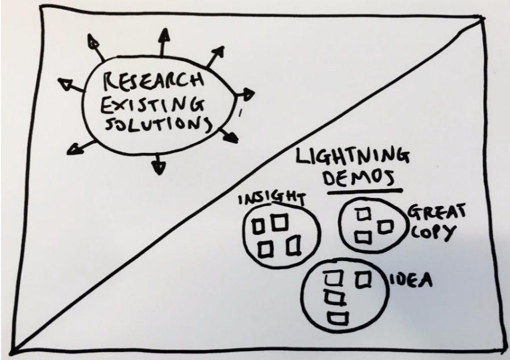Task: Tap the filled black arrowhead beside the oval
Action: tap(230, 136)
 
